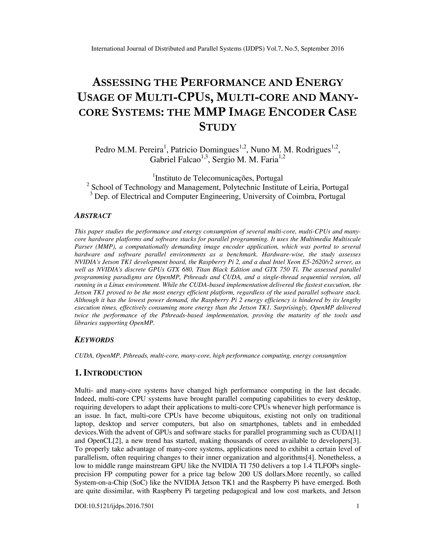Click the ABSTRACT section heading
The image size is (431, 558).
tap(93, 216)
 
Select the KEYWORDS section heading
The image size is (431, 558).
tap(94, 340)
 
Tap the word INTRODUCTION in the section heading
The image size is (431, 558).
tap(113, 373)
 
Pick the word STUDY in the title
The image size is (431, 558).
tap(218, 127)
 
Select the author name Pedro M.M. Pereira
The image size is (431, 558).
tap(129, 150)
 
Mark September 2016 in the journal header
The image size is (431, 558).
tap(322, 49)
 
